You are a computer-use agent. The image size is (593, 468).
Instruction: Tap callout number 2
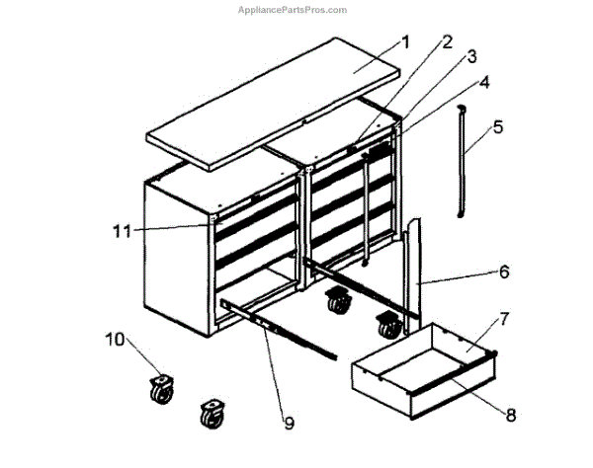pos(447,42)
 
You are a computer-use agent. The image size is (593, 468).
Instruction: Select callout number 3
pos(472,56)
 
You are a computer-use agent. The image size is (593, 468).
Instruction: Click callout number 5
pos(498,126)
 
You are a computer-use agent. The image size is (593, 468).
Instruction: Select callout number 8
pos(510,416)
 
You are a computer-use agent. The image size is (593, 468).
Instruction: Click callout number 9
pos(289,423)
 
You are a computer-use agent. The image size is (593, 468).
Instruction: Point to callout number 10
pos(115,340)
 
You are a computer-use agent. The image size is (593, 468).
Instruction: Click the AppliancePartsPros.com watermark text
pos(293,10)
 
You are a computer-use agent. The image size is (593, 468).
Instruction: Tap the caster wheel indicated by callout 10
pos(160,389)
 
